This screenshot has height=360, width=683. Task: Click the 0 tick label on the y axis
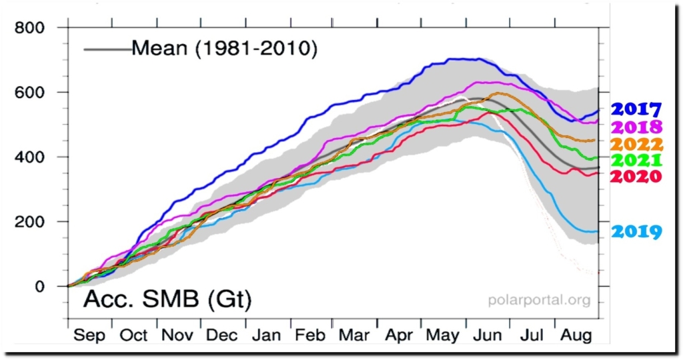click(40, 287)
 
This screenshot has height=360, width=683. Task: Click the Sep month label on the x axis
click(89, 335)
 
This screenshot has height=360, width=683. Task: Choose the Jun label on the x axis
click(486, 335)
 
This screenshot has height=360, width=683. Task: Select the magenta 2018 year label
click(636, 127)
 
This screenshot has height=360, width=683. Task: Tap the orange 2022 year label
click(636, 144)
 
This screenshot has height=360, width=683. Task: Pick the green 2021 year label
click(636, 161)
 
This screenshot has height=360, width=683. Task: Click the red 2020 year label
click(636, 177)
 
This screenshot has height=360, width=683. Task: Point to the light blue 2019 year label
click(636, 232)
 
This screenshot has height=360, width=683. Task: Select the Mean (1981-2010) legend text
click(223, 49)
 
